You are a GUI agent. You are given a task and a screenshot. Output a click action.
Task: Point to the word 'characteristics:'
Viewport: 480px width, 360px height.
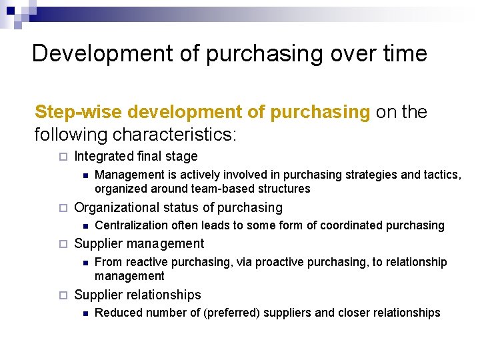[x=174, y=135]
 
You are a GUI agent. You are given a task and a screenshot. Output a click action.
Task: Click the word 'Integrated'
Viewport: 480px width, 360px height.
[x=103, y=157]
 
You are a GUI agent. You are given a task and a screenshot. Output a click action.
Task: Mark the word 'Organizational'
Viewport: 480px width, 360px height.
[x=117, y=207]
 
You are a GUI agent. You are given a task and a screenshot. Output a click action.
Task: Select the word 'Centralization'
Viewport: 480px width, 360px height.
[x=130, y=225]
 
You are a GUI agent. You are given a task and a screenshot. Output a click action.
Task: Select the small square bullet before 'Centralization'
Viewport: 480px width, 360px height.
[x=85, y=225]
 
